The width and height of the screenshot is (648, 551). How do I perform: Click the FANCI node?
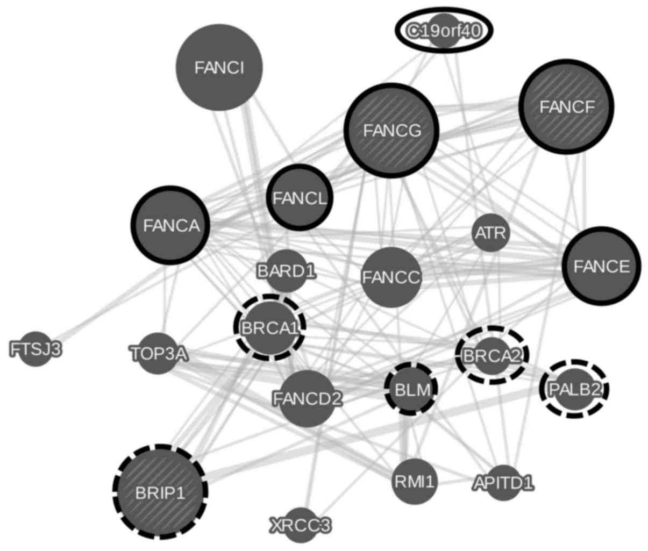coord(219,68)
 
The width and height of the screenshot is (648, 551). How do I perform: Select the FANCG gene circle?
coord(392,131)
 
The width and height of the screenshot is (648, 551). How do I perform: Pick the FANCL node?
coord(300,198)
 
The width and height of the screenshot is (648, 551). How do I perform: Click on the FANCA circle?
coord(171,225)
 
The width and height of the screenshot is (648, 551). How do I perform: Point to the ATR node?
coord(490,233)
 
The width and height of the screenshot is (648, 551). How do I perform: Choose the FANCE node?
coord(601,266)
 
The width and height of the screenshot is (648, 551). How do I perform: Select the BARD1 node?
coord(286,270)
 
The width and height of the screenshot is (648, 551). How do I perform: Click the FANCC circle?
coord(391,277)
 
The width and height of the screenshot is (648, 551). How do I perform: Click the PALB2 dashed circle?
coord(574,389)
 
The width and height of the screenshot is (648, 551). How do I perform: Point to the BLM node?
coord(411,389)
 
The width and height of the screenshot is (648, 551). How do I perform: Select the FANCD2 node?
coord(307,398)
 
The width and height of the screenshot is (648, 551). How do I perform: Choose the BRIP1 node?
coord(160,492)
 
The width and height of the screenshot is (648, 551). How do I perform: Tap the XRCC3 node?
coord(300,524)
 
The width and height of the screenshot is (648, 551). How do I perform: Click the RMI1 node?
coord(413,481)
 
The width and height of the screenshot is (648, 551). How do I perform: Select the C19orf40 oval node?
coord(444,31)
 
